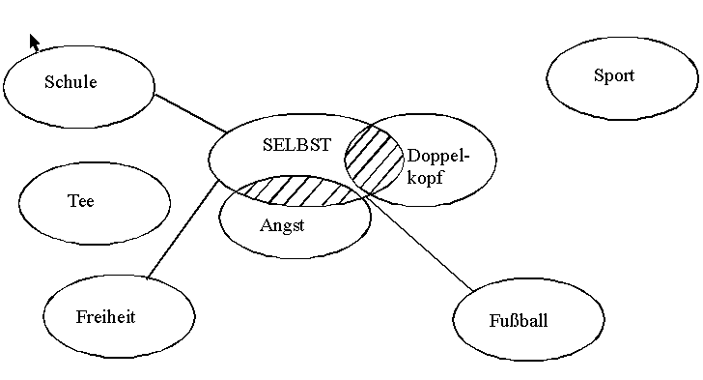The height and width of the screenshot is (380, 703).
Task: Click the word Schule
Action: coord(70,82)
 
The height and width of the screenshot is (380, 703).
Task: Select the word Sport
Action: coord(614,75)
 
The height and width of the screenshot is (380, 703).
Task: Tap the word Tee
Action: coord(81,201)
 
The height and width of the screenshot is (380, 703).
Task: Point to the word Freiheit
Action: coord(105,317)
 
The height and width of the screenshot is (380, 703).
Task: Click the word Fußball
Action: coord(519,321)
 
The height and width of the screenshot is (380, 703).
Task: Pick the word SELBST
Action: coord(296,145)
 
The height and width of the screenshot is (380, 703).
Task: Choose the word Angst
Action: coord(282,225)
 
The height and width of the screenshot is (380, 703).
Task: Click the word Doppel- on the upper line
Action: coord(438,157)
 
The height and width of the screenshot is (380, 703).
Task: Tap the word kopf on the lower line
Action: coord(425,177)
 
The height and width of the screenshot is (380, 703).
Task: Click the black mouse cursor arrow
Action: coord(34,43)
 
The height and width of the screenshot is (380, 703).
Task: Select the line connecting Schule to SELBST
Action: coord(190,113)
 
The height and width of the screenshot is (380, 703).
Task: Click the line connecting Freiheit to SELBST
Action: coord(183,229)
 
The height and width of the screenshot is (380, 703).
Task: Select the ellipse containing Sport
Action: coord(622,38)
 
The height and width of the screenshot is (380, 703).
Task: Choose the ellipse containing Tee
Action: coord(95,162)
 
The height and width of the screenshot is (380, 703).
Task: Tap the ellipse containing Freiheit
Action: coord(119,276)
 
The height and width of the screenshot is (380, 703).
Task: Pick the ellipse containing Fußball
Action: coord(528,278)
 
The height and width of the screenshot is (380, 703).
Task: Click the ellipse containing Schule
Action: coord(78,45)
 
